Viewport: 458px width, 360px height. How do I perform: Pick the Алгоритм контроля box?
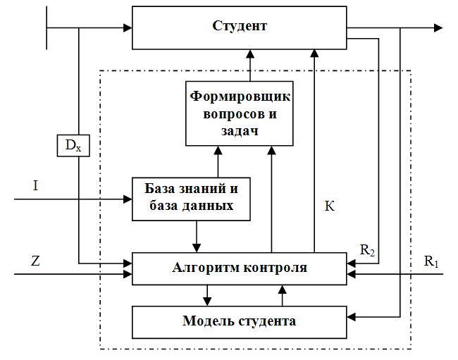(239, 268)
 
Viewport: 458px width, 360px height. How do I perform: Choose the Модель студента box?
(239, 321)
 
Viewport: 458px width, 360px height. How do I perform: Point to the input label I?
(35, 185)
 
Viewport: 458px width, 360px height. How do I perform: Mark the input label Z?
(35, 260)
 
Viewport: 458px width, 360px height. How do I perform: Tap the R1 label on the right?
(431, 261)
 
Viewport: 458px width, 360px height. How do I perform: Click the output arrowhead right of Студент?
(438, 28)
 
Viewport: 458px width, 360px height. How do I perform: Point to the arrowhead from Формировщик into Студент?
(250, 54)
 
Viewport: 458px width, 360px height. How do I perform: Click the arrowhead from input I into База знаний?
(128, 199)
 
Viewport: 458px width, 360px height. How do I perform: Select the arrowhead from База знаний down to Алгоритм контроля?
(198, 247)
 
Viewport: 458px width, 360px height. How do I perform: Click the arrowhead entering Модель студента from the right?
(351, 318)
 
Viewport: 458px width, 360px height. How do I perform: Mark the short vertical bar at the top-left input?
(47, 28)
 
